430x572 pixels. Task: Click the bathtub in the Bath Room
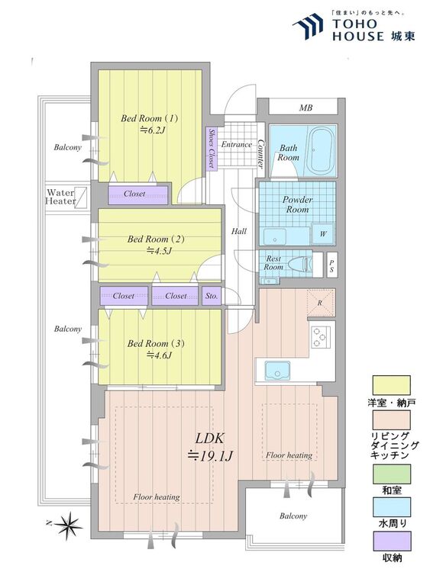tap(321, 150)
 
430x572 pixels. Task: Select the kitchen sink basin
tap(278, 371)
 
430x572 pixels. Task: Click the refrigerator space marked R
tap(321, 303)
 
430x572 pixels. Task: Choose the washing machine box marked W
tap(323, 233)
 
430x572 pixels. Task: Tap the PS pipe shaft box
tap(331, 265)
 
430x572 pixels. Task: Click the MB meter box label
tap(306, 108)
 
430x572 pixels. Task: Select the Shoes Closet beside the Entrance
tap(212, 148)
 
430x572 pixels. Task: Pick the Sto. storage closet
tap(212, 296)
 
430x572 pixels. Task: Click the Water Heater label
tap(60, 197)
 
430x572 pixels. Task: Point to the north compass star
tap(67, 525)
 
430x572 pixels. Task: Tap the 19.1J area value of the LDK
tap(210, 455)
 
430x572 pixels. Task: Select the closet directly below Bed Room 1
tap(138, 194)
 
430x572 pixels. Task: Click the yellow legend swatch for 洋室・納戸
tap(391, 385)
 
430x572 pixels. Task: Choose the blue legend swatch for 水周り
tap(391, 507)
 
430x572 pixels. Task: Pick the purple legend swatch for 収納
tap(391, 541)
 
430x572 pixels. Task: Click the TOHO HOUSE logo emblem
tap(308, 26)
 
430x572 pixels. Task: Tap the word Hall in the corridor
tap(239, 231)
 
